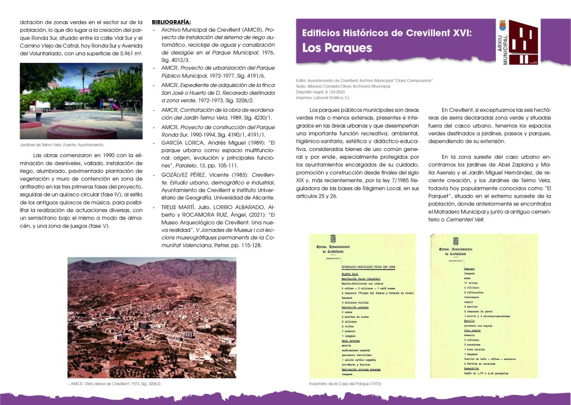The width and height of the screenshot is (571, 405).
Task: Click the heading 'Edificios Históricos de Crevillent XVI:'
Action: coord(386,33)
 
